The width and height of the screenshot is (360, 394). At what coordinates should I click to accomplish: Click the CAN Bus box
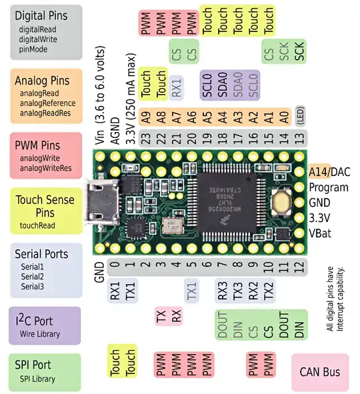tap(320, 371)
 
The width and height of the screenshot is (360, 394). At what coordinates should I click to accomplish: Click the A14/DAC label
tap(330, 172)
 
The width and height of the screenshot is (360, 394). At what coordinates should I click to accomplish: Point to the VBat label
tap(324, 233)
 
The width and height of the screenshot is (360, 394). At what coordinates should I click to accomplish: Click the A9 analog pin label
tap(145, 115)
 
